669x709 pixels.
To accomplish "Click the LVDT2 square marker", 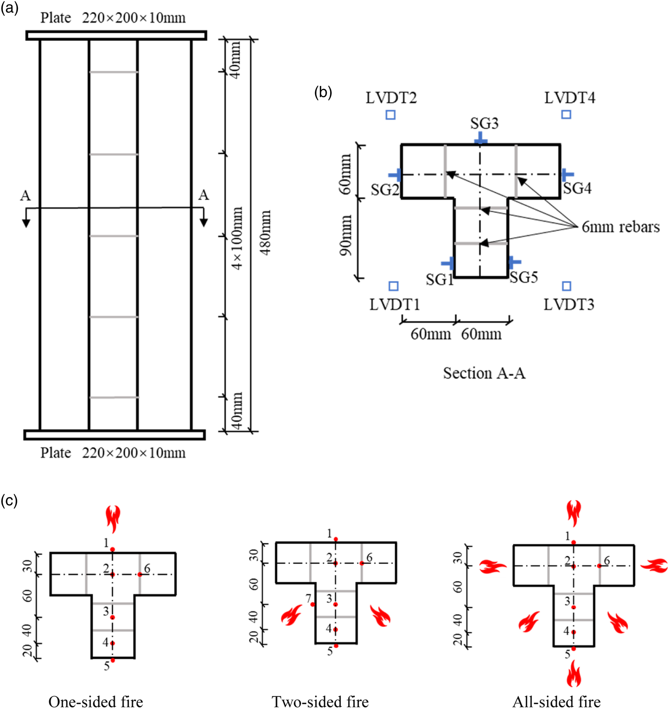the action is pyautogui.click(x=390, y=115).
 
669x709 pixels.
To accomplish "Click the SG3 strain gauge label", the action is pyautogui.click(x=484, y=123).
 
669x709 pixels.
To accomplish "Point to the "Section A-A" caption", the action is pyautogui.click(x=484, y=373).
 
